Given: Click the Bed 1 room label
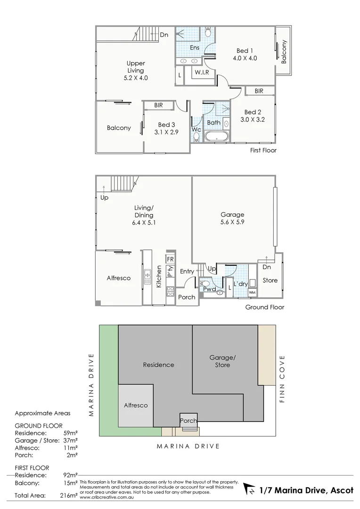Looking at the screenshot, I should (x=245, y=51).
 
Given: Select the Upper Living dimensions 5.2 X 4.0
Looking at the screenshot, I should (x=135, y=78).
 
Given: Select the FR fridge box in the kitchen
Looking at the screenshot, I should (x=170, y=260).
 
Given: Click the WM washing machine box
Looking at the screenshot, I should (x=252, y=293).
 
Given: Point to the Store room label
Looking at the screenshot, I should (x=270, y=280).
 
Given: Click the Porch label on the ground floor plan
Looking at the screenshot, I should (x=187, y=297).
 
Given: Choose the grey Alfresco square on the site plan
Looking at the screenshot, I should (x=136, y=405).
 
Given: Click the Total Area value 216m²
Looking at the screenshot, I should (x=69, y=495).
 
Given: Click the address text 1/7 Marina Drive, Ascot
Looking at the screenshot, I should (x=306, y=491).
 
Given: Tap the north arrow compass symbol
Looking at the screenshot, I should (x=249, y=491).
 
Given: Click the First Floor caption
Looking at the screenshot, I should (x=263, y=150).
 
